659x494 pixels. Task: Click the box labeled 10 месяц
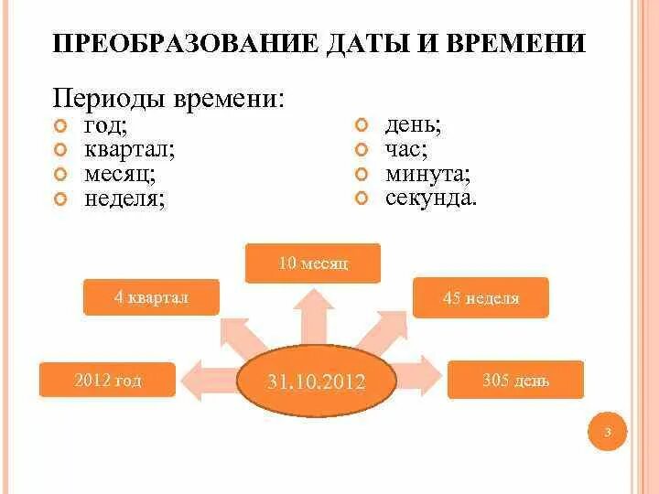314,263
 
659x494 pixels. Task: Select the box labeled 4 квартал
151,297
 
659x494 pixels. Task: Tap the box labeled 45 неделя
481,298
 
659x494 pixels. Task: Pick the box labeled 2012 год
108,380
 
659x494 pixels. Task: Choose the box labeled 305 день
515,380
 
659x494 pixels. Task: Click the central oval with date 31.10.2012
316,381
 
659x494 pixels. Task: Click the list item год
106,125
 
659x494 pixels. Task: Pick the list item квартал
129,149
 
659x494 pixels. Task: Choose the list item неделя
124,197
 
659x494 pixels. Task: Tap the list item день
414,125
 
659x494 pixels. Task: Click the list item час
406,149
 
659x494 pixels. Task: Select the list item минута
427,173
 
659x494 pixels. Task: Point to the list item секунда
431,197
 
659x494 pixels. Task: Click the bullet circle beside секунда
362,197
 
